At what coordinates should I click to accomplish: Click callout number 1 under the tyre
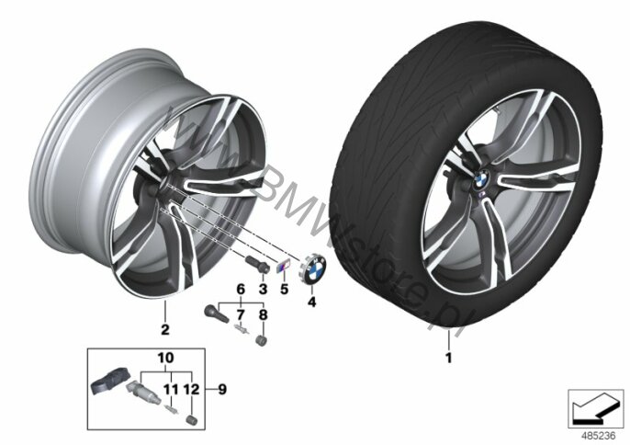[x=448, y=358]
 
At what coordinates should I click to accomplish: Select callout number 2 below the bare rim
[x=164, y=329]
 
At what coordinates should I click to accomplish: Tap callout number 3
[x=263, y=289]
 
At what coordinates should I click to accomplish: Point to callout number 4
[x=312, y=301]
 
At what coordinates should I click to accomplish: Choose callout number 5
[x=285, y=289]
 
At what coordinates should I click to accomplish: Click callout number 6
[x=241, y=289]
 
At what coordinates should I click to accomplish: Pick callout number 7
[x=241, y=314]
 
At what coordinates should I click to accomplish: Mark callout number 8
[x=263, y=314]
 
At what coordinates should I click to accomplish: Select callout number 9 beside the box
[x=222, y=389]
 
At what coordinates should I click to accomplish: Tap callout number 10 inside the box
[x=166, y=358]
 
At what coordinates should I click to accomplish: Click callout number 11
[x=170, y=389]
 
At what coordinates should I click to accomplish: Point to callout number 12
[x=191, y=389]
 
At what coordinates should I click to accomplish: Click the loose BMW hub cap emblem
[x=313, y=270]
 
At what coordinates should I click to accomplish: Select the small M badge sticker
[x=283, y=267]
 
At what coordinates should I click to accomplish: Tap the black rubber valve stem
[x=217, y=314]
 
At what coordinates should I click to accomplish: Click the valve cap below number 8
[x=262, y=340]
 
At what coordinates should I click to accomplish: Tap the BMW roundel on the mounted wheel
[x=482, y=178]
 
